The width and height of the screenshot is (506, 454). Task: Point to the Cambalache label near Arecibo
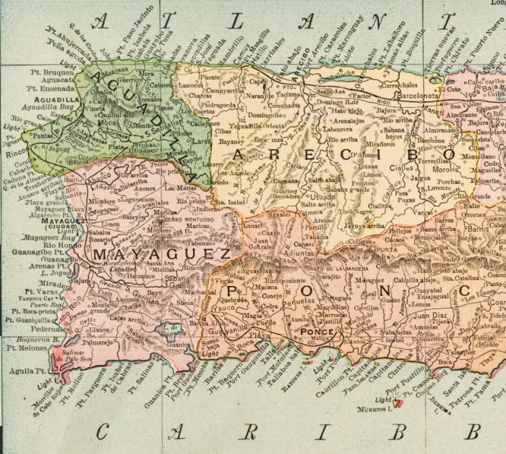point(339,77)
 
